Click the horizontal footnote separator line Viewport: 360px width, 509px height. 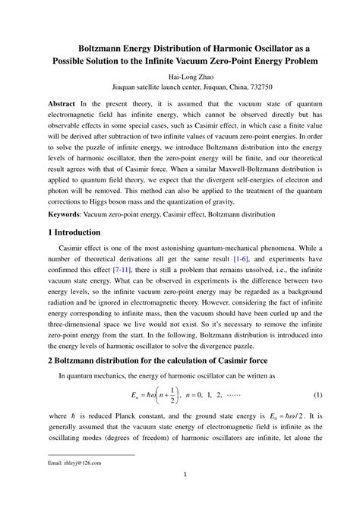pos(90,454)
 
